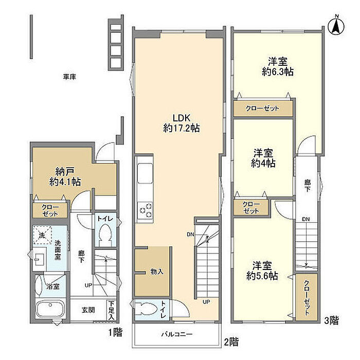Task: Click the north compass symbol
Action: click(336, 26)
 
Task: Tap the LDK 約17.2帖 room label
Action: click(182, 123)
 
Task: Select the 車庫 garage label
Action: click(69, 77)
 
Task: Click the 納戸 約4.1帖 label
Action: click(65, 176)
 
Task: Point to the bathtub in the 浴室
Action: click(50, 309)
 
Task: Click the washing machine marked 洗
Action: click(42, 235)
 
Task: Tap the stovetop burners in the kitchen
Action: click(145, 210)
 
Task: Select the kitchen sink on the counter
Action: click(145, 173)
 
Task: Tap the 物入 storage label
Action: click(157, 272)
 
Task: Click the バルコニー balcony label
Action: click(176, 334)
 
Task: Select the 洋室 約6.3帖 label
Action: click(278, 66)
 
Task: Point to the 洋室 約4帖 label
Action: click(263, 158)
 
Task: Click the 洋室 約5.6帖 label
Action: click(262, 271)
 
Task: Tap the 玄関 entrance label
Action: click(88, 310)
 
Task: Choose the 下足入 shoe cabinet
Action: click(112, 311)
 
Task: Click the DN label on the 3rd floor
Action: click(306, 219)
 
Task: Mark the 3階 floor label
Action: click(331, 320)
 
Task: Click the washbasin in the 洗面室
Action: click(40, 259)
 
